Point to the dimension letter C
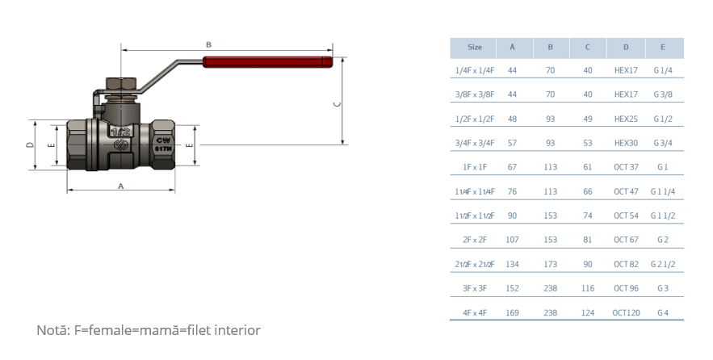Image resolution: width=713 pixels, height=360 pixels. tap(337, 103)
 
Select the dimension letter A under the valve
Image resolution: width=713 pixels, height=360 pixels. tap(120, 185)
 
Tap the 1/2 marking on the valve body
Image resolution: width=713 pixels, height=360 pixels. tap(121, 132)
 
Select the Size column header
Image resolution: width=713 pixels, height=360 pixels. tap(475, 48)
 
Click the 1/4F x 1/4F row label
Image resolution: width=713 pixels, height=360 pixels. tap(475, 70)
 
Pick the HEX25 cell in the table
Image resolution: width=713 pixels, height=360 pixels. tap(626, 119)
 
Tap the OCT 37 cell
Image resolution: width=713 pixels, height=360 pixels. tap(626, 167)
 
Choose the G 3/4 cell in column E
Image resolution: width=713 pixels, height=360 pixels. tap(663, 143)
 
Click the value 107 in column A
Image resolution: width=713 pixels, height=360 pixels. tap(512, 240)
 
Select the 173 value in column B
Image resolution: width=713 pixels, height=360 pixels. tap(551, 264)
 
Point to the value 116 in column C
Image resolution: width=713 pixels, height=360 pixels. tap(588, 288)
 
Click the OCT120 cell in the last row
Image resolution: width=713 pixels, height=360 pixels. tap(626, 312)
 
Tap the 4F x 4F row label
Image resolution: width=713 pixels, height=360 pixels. tap(475, 312)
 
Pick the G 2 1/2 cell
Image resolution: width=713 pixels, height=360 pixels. tap(663, 264)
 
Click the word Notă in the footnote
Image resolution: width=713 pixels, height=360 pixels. tap(52, 330)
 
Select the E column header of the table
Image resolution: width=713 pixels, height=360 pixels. tap(663, 48)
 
